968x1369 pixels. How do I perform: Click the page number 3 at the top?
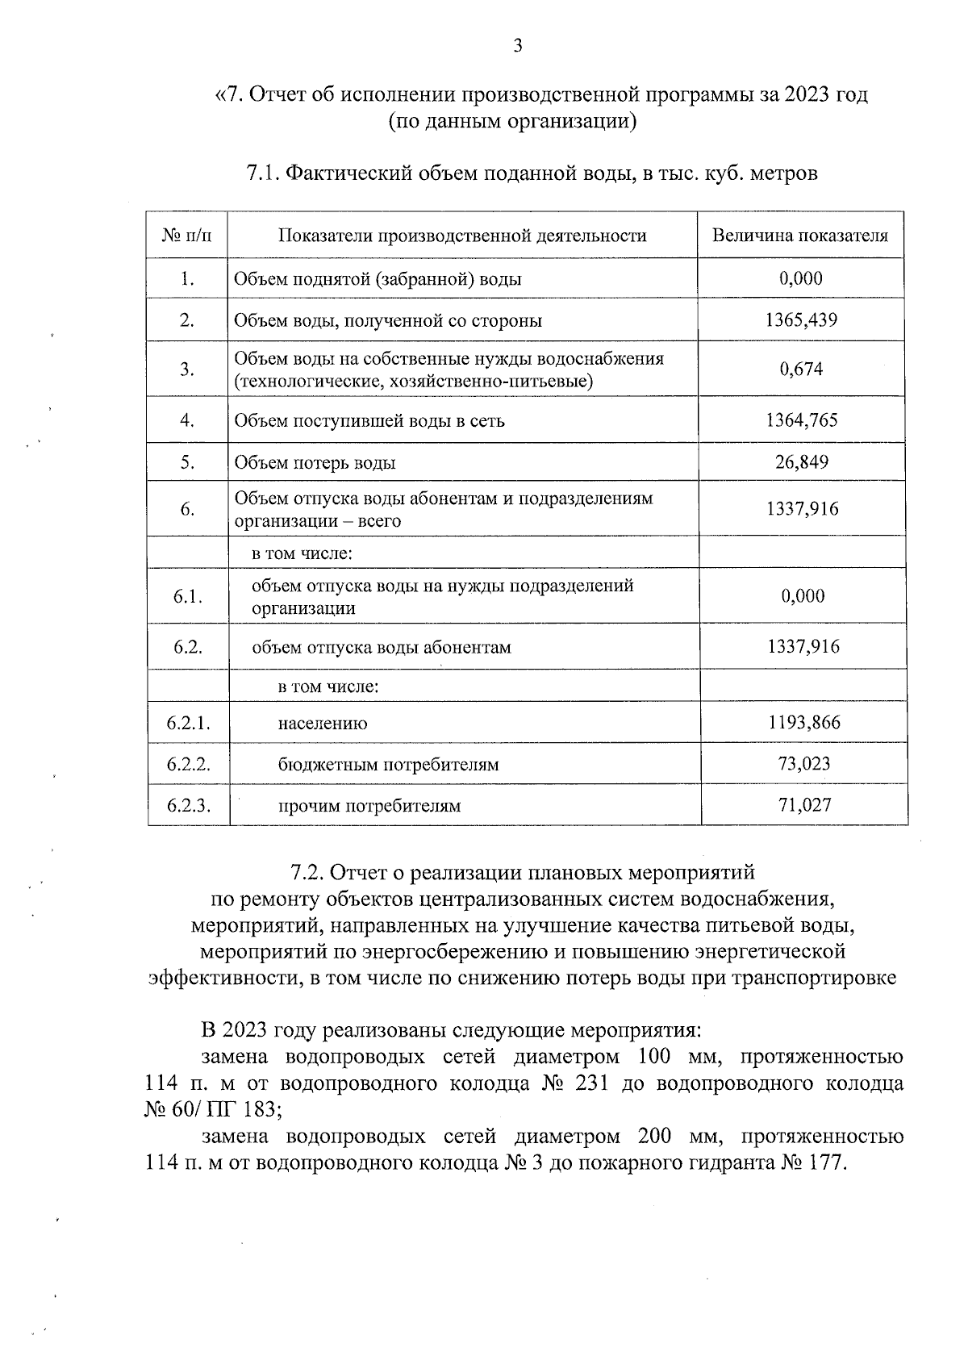518,46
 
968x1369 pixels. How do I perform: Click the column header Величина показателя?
800,236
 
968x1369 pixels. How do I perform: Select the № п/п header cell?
186,236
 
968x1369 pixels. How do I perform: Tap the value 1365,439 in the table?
801,320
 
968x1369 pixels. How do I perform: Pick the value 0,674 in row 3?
801,369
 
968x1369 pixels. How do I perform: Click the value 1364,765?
801,420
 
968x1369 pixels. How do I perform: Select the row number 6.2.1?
188,723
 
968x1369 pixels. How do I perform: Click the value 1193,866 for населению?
804,723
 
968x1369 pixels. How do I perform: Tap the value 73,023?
804,764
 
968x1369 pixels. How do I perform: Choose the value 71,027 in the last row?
804,805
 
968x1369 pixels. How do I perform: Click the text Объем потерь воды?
315,463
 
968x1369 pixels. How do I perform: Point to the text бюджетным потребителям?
388,765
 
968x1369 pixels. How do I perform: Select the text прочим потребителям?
369,806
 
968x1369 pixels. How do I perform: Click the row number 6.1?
187,597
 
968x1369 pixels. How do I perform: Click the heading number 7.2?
307,873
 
